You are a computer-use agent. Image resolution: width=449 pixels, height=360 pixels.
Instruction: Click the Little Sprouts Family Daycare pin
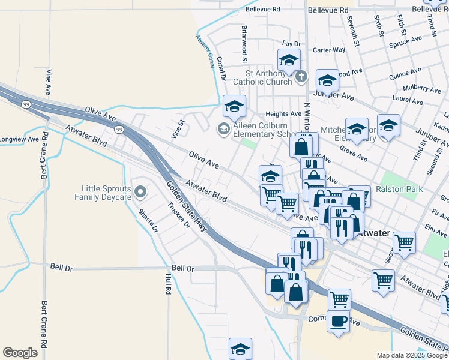[x=140, y=192]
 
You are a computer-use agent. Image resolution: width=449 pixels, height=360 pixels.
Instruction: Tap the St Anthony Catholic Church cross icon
[x=301, y=77]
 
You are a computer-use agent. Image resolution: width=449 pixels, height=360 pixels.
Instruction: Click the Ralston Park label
[x=399, y=189]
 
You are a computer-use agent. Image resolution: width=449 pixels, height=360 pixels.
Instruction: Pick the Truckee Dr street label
[x=178, y=215]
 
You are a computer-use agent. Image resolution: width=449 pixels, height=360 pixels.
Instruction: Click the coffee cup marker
[x=338, y=321]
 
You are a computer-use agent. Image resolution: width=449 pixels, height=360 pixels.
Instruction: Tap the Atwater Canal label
[x=205, y=52]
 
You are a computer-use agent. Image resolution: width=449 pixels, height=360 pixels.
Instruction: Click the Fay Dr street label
[x=291, y=44]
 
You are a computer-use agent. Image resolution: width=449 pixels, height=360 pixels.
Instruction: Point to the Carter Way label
[x=329, y=50]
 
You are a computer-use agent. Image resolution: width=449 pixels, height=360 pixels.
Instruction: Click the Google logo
[x=20, y=353]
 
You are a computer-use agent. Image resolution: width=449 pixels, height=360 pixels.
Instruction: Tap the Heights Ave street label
[x=283, y=113]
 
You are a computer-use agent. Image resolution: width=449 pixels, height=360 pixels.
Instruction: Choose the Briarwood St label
[x=244, y=44]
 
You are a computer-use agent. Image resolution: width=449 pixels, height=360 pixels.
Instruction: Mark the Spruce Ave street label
[x=405, y=41]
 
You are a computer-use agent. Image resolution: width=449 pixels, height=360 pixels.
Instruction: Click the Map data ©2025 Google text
[x=412, y=355]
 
